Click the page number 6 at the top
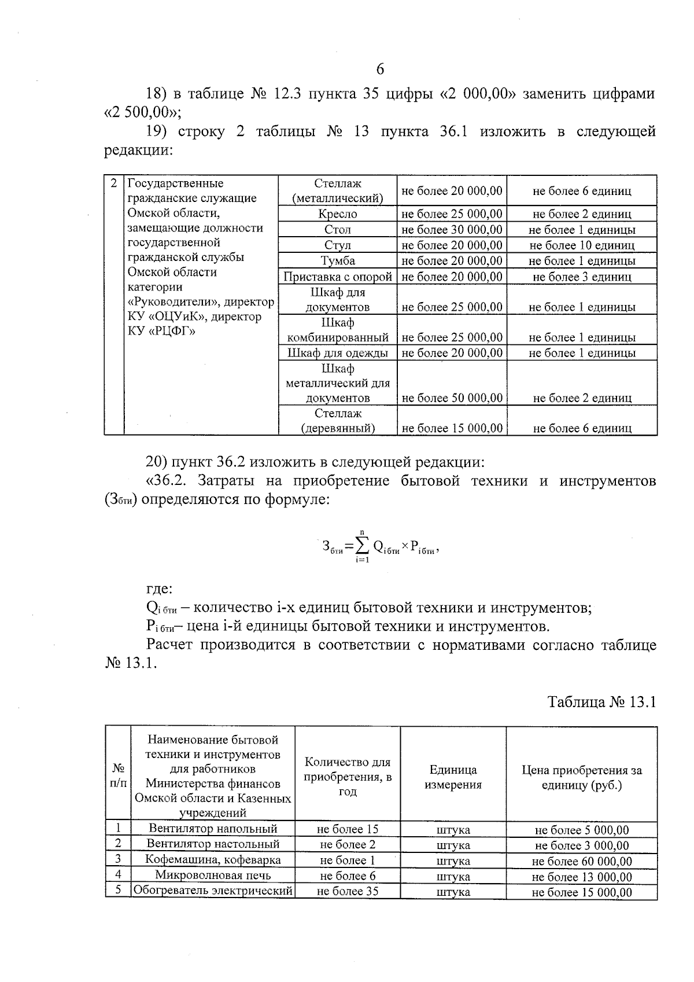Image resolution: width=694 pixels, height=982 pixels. coord(380,70)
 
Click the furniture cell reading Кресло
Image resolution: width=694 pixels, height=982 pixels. coord(338,214)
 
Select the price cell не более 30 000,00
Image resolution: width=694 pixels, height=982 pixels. coord(452,230)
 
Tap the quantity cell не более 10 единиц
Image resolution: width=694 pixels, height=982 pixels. coord(582,245)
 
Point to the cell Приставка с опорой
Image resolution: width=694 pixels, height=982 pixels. coord(338,277)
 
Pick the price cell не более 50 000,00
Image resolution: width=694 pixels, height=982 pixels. coord(452,398)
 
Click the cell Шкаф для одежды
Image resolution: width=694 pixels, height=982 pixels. coord(338,353)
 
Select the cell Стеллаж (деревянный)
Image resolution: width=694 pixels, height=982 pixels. coord(338,421)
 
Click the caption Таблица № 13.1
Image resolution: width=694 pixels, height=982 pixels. coord(602,702)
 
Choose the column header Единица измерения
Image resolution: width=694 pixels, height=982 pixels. coord(453,777)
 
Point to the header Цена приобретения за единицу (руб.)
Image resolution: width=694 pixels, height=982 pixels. coord(582,778)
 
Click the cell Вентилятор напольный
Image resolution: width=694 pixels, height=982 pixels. coord(213,829)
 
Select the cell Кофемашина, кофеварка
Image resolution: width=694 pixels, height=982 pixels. coord(213,860)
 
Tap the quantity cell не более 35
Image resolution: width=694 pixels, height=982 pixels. coord(348,891)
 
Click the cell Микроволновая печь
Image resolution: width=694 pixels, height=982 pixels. coord(213,876)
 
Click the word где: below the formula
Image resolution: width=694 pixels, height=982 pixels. coord(158,589)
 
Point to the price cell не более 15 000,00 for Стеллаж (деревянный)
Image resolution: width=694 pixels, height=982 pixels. coord(452,429)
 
